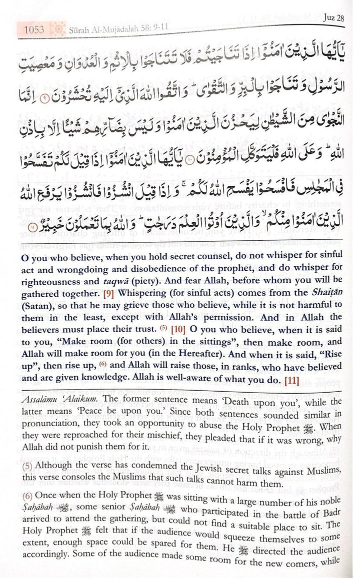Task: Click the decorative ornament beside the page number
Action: point(58,30)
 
